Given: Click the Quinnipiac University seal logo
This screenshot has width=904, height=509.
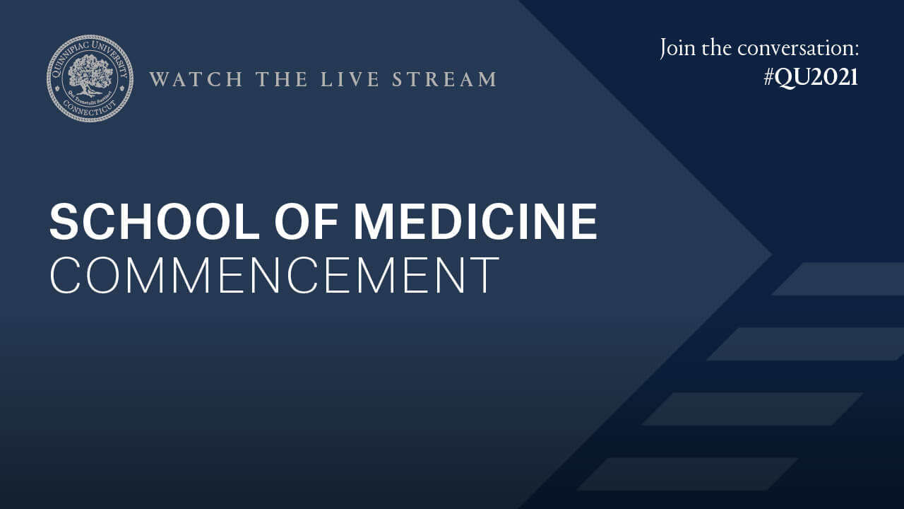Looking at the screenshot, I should coord(90,78).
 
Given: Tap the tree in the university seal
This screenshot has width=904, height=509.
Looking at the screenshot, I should coord(90,74).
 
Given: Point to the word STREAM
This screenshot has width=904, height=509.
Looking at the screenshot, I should coord(444,79).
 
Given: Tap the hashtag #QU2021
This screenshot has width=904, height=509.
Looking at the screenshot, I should coord(811,77).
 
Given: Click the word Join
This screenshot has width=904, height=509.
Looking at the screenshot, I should coord(677,49).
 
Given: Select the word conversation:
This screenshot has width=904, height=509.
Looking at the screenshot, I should coord(798,49).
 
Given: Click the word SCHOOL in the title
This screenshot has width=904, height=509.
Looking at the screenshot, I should coord(155,222).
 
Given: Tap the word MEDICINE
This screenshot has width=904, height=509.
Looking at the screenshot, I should coord(475,222).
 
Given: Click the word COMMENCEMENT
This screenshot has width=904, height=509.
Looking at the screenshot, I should coord(274,276).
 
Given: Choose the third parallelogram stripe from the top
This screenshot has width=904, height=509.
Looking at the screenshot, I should coord(752,409).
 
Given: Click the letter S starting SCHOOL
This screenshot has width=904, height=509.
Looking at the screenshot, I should coord(62,222).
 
